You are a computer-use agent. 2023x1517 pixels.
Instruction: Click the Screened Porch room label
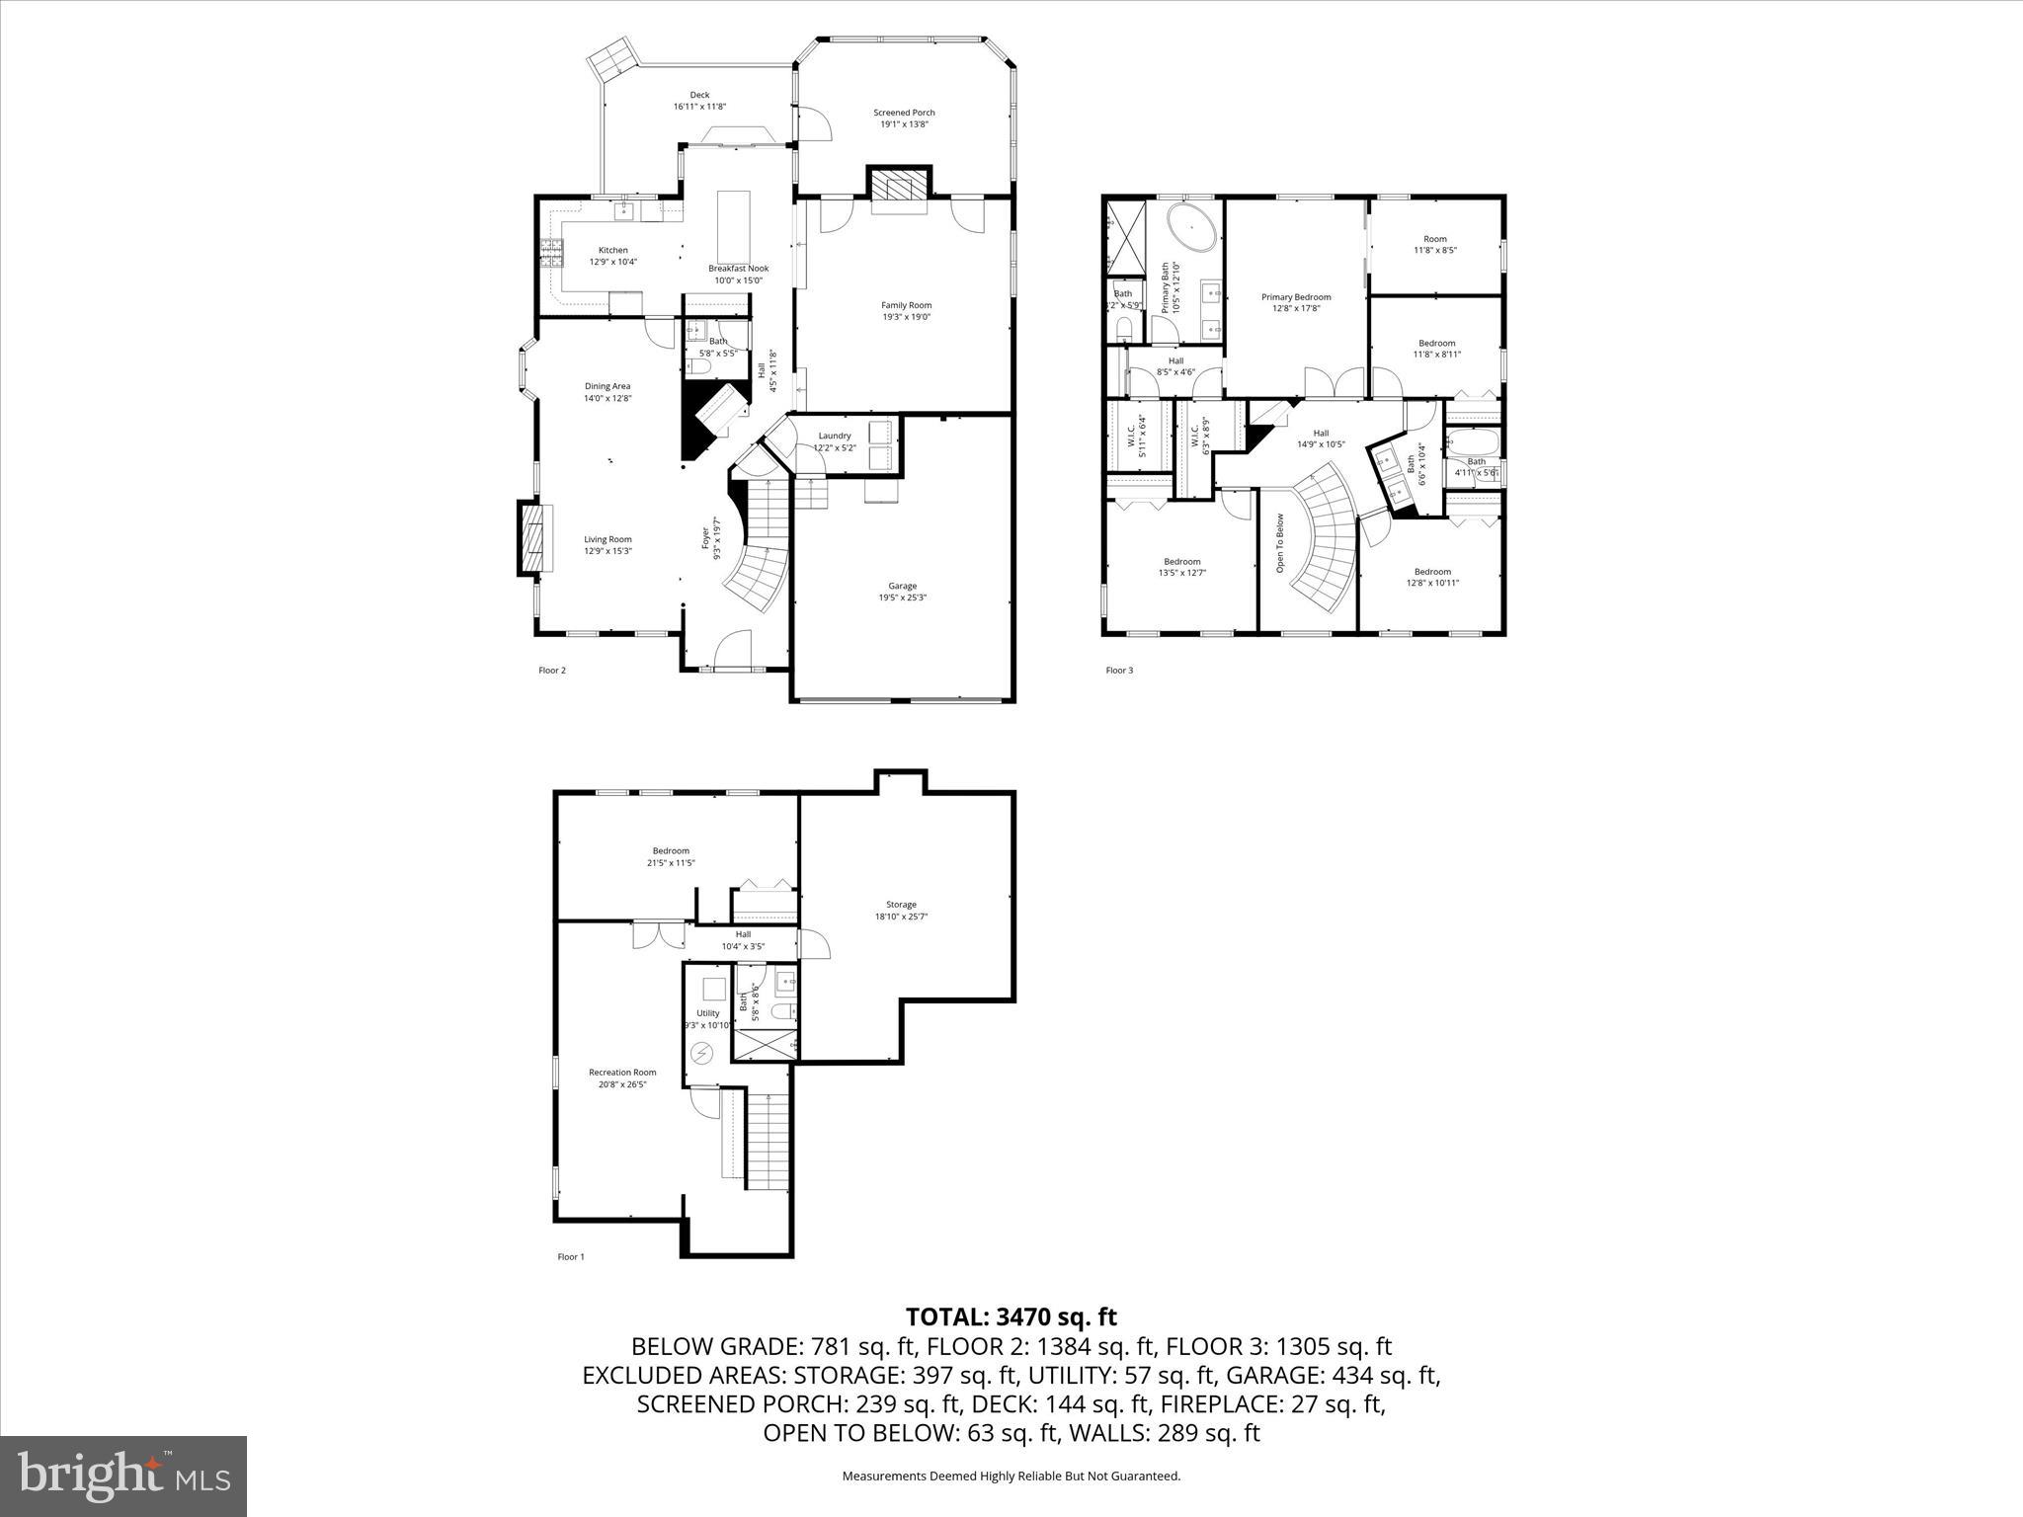click(x=904, y=113)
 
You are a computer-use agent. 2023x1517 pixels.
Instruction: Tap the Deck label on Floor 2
click(x=699, y=95)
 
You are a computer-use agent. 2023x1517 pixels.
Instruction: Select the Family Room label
click(x=906, y=305)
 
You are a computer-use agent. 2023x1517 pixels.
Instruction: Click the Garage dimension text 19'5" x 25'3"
click(x=902, y=598)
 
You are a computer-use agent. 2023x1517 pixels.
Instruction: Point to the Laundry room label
click(x=834, y=436)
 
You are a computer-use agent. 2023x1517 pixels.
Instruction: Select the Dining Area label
click(x=607, y=386)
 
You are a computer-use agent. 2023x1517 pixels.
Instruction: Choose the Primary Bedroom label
click(x=1296, y=296)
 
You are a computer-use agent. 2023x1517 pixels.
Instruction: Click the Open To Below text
click(x=1278, y=543)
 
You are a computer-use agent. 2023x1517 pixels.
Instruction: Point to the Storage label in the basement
click(x=901, y=904)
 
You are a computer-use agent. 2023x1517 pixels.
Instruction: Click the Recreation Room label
click(x=622, y=1072)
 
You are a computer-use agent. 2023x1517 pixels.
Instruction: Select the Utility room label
click(x=707, y=1013)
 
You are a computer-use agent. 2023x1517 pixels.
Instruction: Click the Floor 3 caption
click(x=1119, y=671)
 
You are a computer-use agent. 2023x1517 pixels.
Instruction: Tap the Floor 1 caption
click(x=571, y=1257)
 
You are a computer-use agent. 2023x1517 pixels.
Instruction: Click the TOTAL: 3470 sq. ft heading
click(x=1011, y=1317)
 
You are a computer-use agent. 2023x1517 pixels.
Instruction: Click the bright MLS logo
click(x=123, y=1476)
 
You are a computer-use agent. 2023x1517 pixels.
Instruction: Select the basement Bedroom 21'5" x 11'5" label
click(x=671, y=850)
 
